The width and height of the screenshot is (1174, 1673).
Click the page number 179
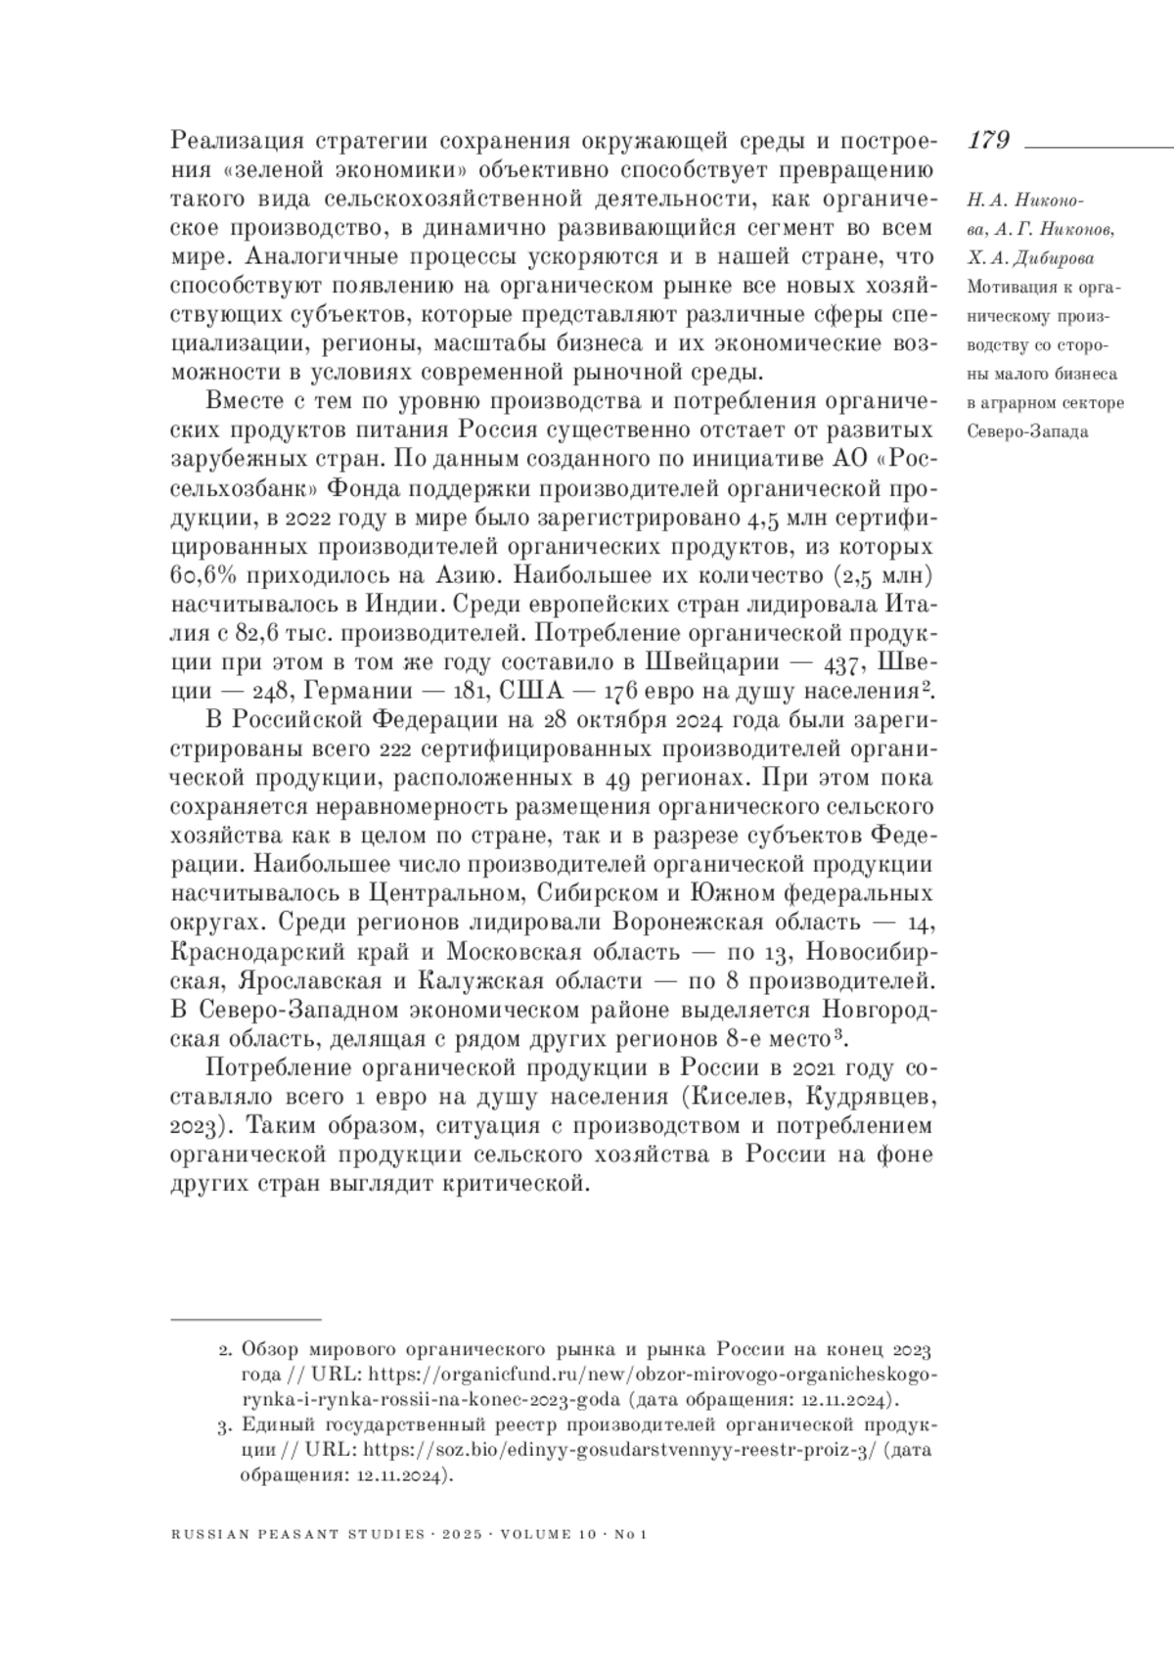988,141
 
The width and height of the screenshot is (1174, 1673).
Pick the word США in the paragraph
528,692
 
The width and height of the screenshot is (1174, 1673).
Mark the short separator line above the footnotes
246,1320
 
